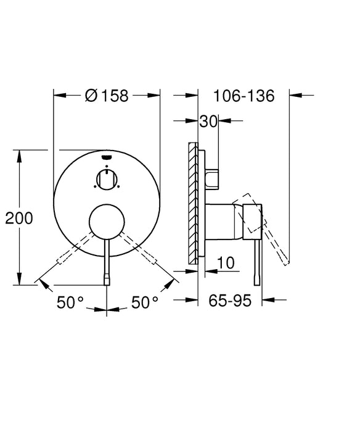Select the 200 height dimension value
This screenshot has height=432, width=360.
pos(18,218)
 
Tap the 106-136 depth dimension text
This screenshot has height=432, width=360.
pos(243,96)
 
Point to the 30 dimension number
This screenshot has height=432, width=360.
pos(208,122)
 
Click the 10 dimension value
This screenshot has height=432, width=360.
pos(226,264)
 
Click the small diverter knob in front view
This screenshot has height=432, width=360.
pos(107,180)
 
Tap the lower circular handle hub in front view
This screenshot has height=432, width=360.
pos(107,222)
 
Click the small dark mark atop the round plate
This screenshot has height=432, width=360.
pos(107,157)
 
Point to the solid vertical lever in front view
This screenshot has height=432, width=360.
pos(107,259)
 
